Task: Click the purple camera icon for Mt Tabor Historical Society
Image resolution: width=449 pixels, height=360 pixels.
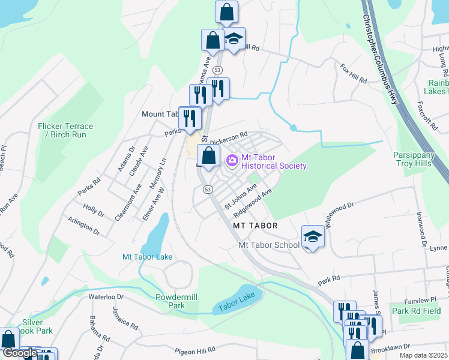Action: point(232,161)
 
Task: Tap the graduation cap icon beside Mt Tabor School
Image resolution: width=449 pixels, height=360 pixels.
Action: point(312,237)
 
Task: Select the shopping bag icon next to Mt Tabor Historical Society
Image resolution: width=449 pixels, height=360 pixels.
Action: point(208,156)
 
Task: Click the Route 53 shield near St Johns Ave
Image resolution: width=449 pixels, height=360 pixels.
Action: point(208,189)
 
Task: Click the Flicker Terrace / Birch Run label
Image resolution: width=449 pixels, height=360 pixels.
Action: point(65,130)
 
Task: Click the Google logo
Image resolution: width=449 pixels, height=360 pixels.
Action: point(20,353)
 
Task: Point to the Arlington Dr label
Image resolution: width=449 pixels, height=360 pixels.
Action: point(83,226)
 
